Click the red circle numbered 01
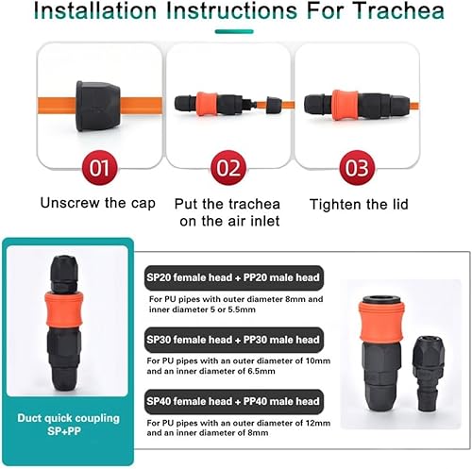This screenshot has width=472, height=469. pyautogui.click(x=99, y=168)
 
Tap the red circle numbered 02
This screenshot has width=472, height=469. pyautogui.click(x=228, y=168)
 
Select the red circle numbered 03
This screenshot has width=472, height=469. pyautogui.click(x=357, y=168)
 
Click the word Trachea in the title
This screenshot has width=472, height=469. pyautogui.click(x=398, y=10)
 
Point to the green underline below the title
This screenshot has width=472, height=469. pyautogui.click(x=234, y=31)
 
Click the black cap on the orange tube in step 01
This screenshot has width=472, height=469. pyautogui.click(x=98, y=107)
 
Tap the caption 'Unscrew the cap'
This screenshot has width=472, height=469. pyautogui.click(x=98, y=203)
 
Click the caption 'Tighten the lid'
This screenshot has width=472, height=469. pyautogui.click(x=359, y=204)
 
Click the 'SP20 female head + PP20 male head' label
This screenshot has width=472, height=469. pyautogui.click(x=234, y=277)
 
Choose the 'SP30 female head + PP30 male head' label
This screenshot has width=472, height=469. pyautogui.click(x=234, y=340)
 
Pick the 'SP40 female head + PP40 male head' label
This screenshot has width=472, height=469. pyautogui.click(x=234, y=401)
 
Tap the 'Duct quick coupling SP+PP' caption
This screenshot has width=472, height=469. pyautogui.click(x=68, y=425)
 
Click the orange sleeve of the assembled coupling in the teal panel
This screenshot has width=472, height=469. pyautogui.click(x=64, y=310)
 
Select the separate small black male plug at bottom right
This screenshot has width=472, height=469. pyautogui.click(x=428, y=374)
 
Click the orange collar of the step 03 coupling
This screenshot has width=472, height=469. pyautogui.click(x=346, y=105)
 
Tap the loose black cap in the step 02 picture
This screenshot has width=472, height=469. pyautogui.click(x=274, y=105)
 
